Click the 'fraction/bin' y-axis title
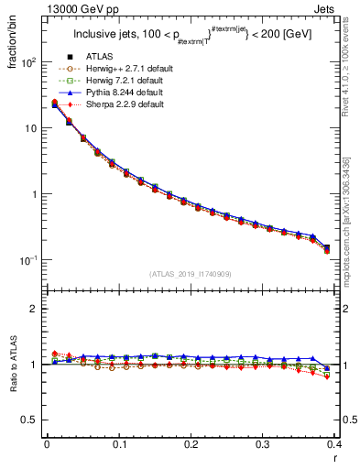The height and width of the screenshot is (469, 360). (x=11, y=45)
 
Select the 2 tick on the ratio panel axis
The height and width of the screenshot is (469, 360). (x=34, y=309)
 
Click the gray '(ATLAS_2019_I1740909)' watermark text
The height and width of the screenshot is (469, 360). (x=191, y=274)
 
